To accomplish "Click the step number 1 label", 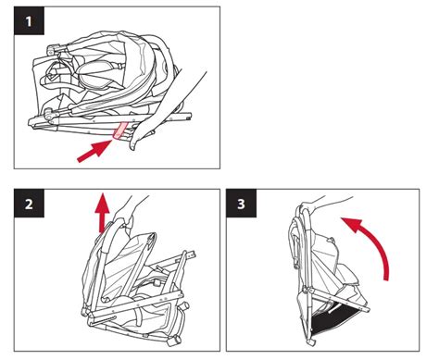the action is point(29,20).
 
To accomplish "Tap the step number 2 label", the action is point(29,204).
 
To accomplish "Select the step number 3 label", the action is point(241,204).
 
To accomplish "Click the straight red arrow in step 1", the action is point(94,151).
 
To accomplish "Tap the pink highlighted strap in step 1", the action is point(120,130).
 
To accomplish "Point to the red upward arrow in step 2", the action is point(102,212).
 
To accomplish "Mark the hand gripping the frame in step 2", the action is point(125,213).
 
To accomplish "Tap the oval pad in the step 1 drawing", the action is point(94,73).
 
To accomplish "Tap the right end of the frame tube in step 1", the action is point(187,118).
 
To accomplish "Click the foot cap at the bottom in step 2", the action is point(174,340).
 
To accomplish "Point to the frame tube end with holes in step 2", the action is point(191,254).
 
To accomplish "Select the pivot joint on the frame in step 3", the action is point(307,290).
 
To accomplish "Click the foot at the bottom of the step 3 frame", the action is point(311,341).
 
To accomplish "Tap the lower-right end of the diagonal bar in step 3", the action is point(366,309).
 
